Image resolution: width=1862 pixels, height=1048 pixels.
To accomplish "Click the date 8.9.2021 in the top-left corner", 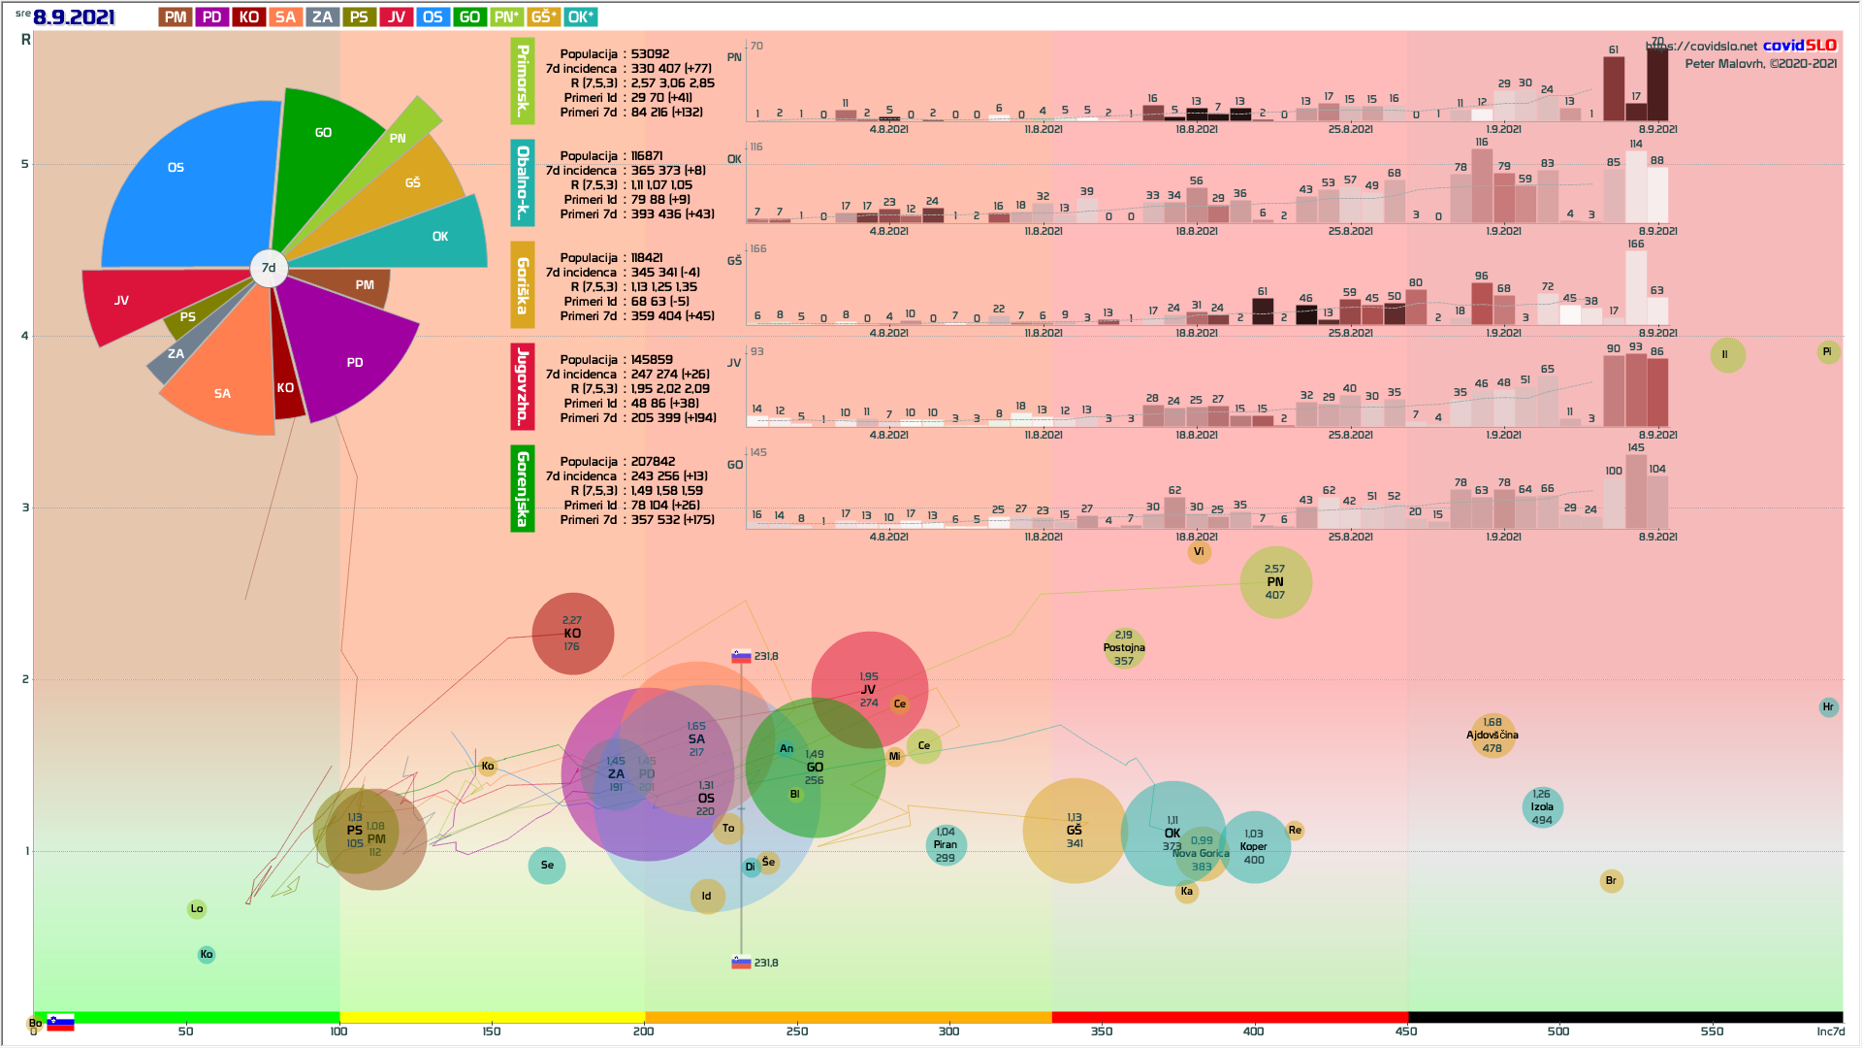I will coord(74,17).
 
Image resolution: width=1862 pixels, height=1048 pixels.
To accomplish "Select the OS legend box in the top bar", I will coord(433,17).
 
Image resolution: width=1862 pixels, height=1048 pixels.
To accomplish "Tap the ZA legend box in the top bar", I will coord(322,17).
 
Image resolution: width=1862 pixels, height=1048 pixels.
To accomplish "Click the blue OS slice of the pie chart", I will coord(194,184).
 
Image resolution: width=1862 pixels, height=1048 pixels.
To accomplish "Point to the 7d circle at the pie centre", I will coord(269,268).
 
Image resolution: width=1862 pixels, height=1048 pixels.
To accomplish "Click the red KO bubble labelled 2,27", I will coord(572,634).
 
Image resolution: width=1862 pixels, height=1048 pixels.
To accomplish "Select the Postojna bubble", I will coord(1124,648).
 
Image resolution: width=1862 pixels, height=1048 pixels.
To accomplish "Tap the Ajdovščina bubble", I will coord(1493,736).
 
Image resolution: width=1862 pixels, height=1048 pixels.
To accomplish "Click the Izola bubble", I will coord(1542,807).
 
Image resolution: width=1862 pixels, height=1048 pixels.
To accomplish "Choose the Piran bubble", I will coord(946,845).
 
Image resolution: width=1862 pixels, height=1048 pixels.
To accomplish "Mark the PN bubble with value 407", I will coord(1275,582).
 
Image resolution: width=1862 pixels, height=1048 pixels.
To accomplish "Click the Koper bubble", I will coord(1254,847).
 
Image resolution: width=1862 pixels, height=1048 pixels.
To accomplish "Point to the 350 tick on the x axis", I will coord(1102,1031).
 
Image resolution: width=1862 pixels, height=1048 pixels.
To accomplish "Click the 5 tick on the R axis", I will coord(25,164).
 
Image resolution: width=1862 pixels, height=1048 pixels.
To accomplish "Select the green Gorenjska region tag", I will coord(523,488).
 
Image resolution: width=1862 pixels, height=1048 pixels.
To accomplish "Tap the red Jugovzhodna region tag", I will coord(523,386).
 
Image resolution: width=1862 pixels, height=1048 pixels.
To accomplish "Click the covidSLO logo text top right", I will coord(1800,46).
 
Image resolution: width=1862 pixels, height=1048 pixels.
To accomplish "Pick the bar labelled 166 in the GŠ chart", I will coord(1636,287).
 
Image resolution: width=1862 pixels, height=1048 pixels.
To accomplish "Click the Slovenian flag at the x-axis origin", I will coord(60,1023).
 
